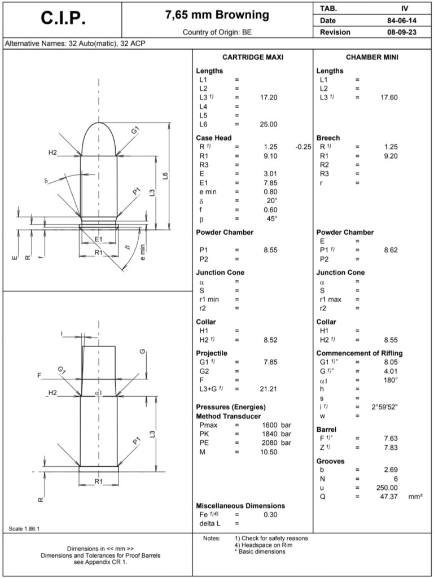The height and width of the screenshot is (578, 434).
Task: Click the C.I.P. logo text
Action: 63,18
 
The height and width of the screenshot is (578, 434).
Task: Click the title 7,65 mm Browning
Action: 218,15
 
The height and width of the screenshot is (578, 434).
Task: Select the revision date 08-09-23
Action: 401,32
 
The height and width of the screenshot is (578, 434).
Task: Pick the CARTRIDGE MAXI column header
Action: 252,58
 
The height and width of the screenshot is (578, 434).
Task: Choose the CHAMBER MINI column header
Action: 373,58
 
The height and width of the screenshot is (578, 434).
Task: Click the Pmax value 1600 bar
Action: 276,424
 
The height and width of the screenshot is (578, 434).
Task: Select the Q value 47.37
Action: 388,497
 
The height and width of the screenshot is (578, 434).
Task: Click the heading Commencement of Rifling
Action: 360,353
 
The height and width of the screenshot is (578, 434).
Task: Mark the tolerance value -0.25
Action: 303,147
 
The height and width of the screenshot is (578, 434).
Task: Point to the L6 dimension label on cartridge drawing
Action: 165,177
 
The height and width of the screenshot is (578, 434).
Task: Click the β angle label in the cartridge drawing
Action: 128,247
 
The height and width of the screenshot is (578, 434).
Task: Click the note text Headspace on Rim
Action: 261,545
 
